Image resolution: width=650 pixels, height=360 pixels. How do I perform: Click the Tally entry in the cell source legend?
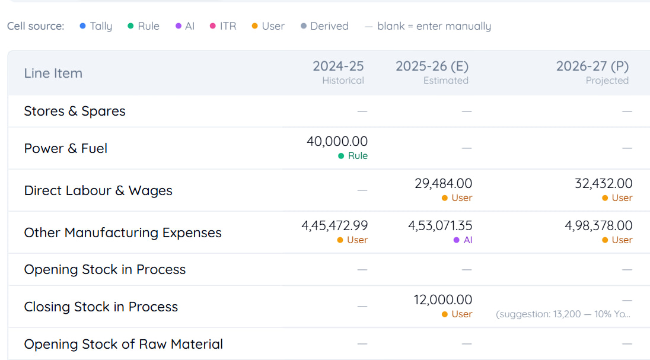pyautogui.click(x=95, y=26)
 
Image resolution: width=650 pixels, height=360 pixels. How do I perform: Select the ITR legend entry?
pyautogui.click(x=223, y=26)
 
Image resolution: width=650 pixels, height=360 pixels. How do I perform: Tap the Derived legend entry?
pyautogui.click(x=324, y=26)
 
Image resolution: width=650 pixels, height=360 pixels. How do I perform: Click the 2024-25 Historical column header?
pyautogui.click(x=338, y=72)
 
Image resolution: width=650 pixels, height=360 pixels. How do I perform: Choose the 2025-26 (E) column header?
pyautogui.click(x=432, y=72)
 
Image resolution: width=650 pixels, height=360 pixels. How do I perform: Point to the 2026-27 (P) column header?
pyautogui.click(x=592, y=72)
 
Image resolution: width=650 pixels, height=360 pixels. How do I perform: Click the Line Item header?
pyautogui.click(x=53, y=74)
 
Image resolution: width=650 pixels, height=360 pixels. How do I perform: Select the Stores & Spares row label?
pyautogui.click(x=75, y=111)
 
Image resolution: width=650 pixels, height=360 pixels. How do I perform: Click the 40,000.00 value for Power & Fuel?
pyautogui.click(x=337, y=141)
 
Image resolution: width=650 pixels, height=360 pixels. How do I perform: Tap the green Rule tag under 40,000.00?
pyautogui.click(x=353, y=156)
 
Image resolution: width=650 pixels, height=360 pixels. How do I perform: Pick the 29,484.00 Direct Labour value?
pyautogui.click(x=443, y=183)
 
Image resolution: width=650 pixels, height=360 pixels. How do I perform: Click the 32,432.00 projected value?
pyautogui.click(x=604, y=183)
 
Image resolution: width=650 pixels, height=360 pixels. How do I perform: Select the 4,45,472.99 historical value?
pyautogui.click(x=334, y=225)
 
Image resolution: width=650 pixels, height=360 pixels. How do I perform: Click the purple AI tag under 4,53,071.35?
pyautogui.click(x=463, y=240)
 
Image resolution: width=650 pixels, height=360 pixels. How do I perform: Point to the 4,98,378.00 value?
pyautogui.click(x=598, y=225)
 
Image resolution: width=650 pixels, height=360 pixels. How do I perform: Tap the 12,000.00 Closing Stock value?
pyautogui.click(x=443, y=300)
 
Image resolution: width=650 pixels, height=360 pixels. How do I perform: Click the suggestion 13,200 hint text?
pyautogui.click(x=563, y=314)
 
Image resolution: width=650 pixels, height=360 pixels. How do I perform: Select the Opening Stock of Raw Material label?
pyautogui.click(x=123, y=344)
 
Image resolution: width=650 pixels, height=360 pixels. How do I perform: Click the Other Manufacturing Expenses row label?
pyautogui.click(x=123, y=232)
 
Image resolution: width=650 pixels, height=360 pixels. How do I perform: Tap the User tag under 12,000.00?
pyautogui.click(x=457, y=314)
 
